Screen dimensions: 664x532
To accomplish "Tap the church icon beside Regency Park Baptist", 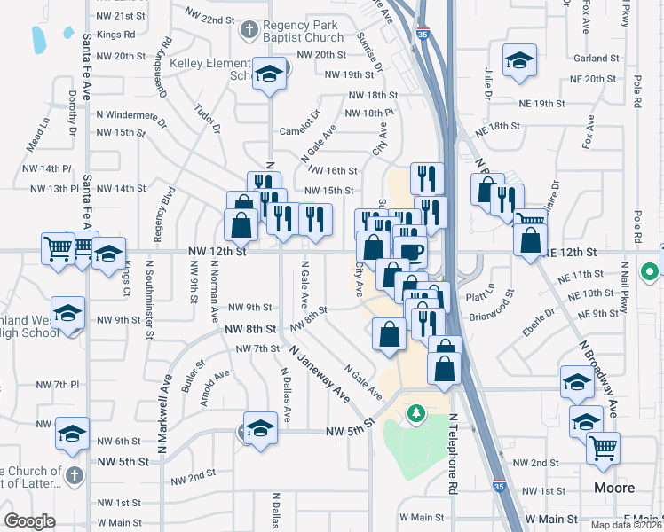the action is click(249, 31).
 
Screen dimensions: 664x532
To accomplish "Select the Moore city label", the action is click(614, 488).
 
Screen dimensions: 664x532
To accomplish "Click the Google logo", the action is click(29, 521).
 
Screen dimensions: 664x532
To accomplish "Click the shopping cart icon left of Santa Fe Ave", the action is click(58, 247).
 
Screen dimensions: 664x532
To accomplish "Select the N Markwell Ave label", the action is click(165, 408).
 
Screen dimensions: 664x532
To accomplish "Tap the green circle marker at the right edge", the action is click(650, 271).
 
